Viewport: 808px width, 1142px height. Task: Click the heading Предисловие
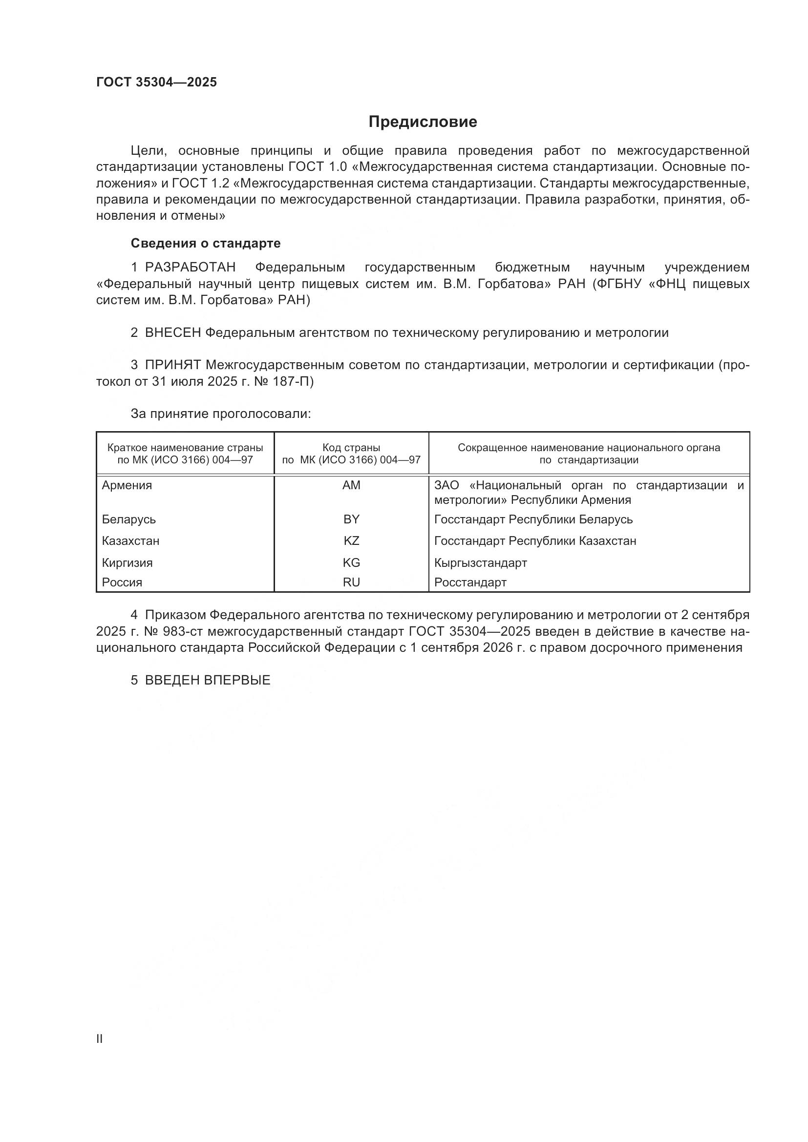pos(423,122)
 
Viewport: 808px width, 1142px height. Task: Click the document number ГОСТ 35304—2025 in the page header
pos(156,83)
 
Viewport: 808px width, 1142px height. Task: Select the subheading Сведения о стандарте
pos(206,243)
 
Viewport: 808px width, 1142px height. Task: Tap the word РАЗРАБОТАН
pos(190,268)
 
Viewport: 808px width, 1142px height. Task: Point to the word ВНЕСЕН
pos(172,333)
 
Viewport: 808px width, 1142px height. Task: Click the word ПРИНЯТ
pos(172,365)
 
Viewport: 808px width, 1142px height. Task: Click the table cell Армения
pos(127,485)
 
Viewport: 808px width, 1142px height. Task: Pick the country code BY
pos(351,519)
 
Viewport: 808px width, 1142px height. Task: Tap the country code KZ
pos(351,540)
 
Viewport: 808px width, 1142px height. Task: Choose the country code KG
pos(351,562)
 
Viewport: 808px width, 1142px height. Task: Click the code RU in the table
pos(351,582)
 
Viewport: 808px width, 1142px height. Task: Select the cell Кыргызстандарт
pos(480,562)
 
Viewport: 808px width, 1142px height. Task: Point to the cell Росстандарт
pos(470,582)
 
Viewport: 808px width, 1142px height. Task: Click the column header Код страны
pos(351,448)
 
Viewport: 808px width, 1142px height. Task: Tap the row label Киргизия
pos(128,562)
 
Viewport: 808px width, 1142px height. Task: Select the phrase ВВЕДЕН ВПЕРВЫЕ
pos(208,680)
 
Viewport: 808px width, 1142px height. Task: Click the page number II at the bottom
pos(100,1038)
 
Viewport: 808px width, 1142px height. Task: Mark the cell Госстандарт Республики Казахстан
pos(535,540)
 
